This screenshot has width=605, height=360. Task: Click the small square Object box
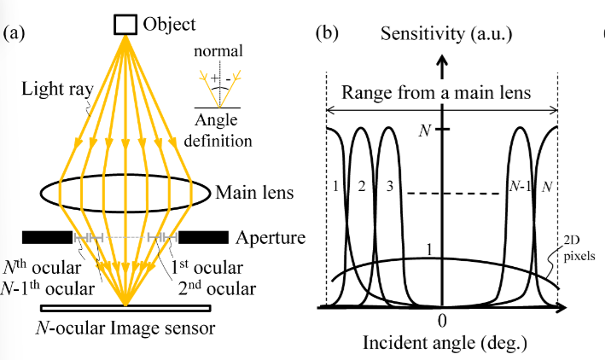125,24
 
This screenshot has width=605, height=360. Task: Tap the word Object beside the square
171,24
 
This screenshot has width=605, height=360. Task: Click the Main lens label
254,193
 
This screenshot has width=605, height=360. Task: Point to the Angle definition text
222,128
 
